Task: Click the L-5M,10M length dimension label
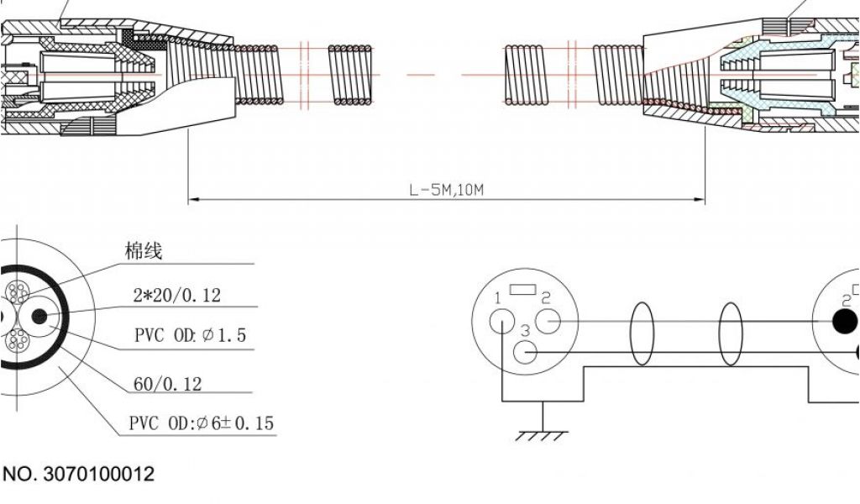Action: coord(447,191)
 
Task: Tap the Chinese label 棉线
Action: coord(144,251)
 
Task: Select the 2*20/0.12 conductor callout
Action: coord(177,296)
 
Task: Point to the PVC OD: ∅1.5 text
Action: coord(191,335)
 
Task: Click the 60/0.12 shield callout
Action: coord(168,384)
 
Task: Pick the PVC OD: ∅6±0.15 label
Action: coord(202,423)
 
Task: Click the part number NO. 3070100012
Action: coord(78,474)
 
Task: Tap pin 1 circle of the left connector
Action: coord(502,321)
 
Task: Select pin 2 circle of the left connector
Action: coord(548,322)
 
